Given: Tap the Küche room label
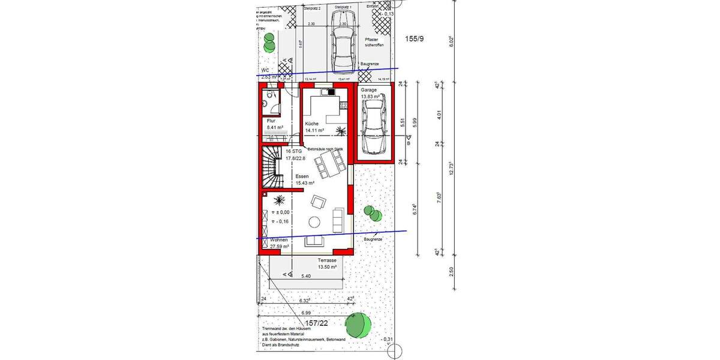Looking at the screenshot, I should point(311,123).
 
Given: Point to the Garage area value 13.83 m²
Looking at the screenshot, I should point(371,96).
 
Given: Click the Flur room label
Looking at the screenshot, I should point(271,121).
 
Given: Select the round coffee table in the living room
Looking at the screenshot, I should point(315,222).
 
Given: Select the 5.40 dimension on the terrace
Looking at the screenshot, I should point(307,277).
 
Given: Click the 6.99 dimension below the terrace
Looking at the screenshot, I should point(307,313).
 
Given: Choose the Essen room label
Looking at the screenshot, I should point(302,176).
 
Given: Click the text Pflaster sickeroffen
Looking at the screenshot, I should point(374,43).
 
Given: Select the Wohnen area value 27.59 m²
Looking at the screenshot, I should point(279,246).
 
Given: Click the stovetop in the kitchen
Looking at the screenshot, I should point(326,92).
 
